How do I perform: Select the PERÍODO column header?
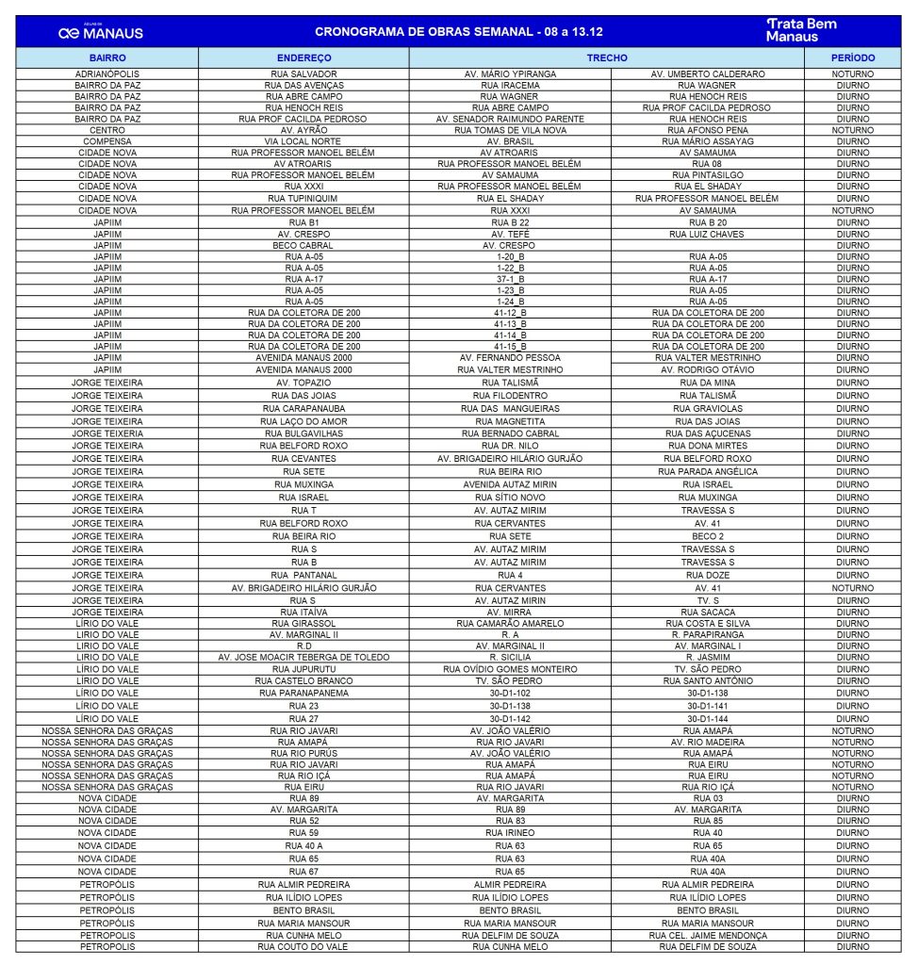(x=852, y=58)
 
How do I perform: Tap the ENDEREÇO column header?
(x=303, y=58)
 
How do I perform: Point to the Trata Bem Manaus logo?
(x=800, y=30)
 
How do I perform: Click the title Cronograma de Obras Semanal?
(x=459, y=31)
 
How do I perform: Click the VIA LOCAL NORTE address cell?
(x=303, y=141)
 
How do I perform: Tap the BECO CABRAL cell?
(x=303, y=245)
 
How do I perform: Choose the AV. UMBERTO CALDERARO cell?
(x=707, y=74)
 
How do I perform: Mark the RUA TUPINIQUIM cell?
(x=303, y=199)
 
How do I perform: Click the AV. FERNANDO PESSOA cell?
(x=510, y=358)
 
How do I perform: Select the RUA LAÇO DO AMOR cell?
(x=303, y=421)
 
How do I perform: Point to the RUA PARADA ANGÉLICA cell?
(x=707, y=471)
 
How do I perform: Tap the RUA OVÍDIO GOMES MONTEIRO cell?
(x=510, y=669)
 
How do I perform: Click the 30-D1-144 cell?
(x=707, y=718)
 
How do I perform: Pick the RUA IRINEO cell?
(x=510, y=833)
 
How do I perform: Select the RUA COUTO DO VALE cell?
(x=303, y=946)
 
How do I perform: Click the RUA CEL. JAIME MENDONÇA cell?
(x=707, y=935)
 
